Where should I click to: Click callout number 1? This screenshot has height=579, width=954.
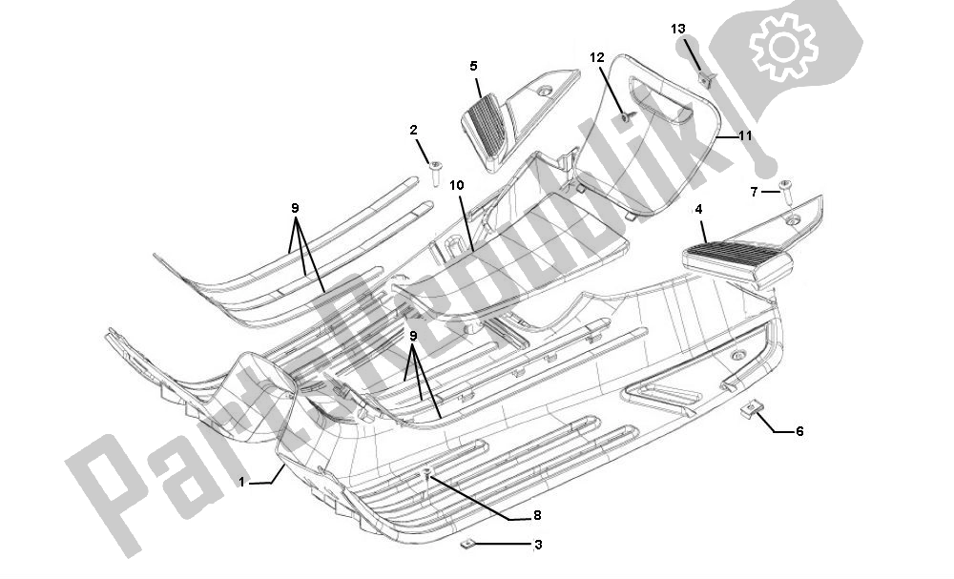tap(242, 483)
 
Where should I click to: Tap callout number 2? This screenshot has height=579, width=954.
tap(414, 130)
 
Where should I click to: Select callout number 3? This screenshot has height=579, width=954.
tap(538, 546)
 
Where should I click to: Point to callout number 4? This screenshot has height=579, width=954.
tap(699, 208)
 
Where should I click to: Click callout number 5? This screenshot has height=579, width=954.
tap(473, 66)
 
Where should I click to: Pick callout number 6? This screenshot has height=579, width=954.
tap(799, 431)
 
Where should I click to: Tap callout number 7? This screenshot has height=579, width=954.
tap(754, 193)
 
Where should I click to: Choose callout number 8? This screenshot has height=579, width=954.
tap(537, 515)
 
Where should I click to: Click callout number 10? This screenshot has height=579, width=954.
tap(457, 184)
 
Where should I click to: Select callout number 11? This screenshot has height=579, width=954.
tap(745, 136)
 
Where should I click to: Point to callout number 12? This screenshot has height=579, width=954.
tap(596, 57)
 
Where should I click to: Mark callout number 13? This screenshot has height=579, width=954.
tap(677, 30)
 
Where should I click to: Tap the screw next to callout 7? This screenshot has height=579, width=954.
tap(786, 192)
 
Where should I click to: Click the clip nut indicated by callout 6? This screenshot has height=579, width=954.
tap(752, 410)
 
